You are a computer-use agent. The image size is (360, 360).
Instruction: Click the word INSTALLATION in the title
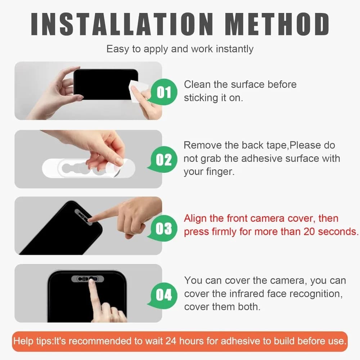(x=122, y=24)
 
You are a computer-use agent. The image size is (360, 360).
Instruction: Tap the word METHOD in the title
(x=277, y=24)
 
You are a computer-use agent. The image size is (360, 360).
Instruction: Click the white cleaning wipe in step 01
(x=138, y=91)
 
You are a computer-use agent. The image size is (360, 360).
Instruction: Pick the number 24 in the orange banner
(x=171, y=341)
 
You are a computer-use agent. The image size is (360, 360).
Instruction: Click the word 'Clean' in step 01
(x=197, y=85)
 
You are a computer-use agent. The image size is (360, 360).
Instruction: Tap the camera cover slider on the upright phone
(x=87, y=279)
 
